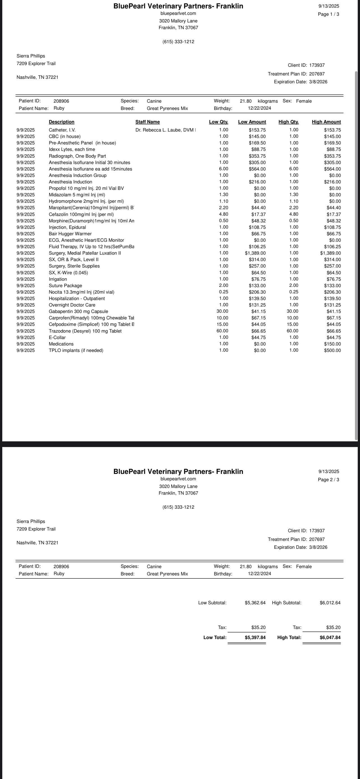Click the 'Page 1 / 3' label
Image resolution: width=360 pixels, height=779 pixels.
click(x=328, y=14)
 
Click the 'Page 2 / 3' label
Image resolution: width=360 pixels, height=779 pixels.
click(x=328, y=480)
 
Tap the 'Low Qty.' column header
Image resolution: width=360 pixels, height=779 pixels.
click(x=218, y=122)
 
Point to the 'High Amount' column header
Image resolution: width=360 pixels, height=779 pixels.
click(x=326, y=122)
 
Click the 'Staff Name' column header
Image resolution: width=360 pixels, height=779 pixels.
click(x=147, y=122)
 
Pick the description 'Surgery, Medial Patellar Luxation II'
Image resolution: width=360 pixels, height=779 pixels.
click(x=85, y=253)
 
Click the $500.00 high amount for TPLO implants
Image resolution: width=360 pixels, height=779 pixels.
click(x=333, y=351)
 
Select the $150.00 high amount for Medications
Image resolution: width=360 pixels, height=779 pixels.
click(x=333, y=344)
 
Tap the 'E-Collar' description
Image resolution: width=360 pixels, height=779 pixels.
click(x=57, y=338)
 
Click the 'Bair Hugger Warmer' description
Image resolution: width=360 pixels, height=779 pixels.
click(x=70, y=234)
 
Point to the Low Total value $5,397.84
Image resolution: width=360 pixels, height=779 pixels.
click(x=255, y=637)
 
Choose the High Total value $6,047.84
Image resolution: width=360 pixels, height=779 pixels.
click(x=330, y=637)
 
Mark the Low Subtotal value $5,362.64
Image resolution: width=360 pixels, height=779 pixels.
click(x=255, y=603)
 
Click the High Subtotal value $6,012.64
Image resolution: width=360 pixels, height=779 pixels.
click(x=330, y=603)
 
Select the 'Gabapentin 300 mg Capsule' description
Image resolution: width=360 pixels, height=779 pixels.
click(x=78, y=312)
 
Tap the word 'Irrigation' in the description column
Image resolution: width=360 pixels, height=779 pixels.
click(x=58, y=279)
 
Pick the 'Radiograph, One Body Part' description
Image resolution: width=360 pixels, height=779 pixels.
click(x=77, y=156)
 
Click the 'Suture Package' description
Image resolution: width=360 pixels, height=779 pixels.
click(x=65, y=285)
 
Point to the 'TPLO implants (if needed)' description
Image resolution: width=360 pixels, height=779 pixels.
click(x=76, y=351)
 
